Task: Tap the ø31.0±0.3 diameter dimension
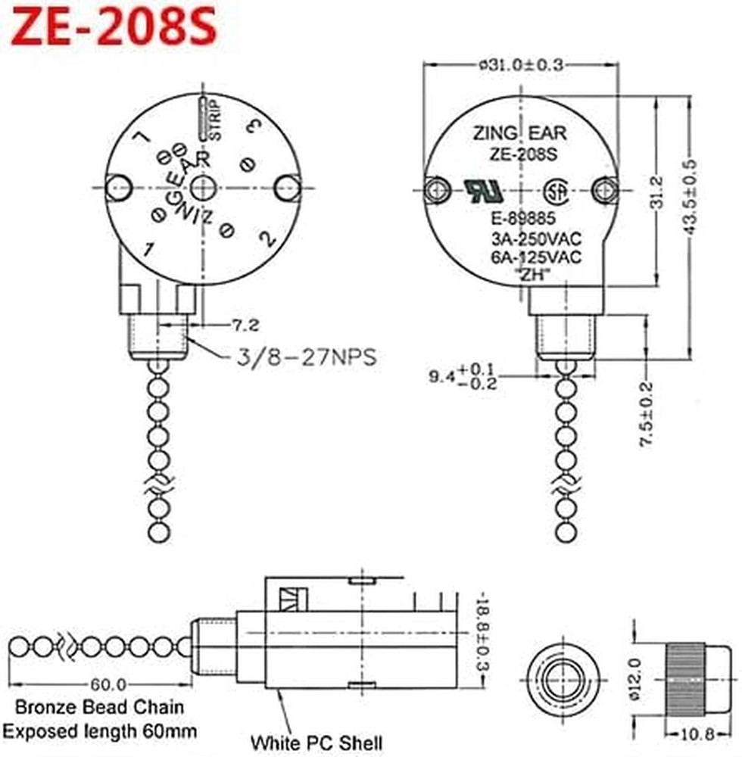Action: point(521,65)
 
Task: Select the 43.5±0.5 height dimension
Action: point(690,198)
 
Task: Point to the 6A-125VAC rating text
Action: point(535,257)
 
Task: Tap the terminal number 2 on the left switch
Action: point(266,239)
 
